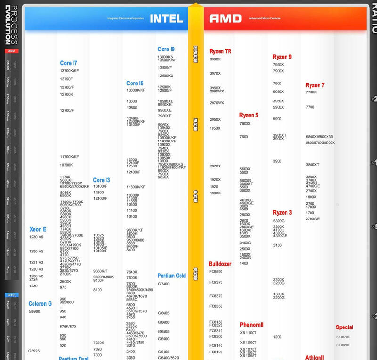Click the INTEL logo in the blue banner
click(166, 18)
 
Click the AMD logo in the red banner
click(225, 18)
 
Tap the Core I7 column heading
click(68, 63)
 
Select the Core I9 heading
click(166, 49)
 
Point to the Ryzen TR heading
click(221, 51)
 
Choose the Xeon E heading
click(38, 229)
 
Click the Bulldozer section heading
click(220, 264)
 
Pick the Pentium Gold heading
click(172, 276)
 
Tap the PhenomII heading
click(252, 325)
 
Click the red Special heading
click(344, 327)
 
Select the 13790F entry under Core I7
click(66, 79)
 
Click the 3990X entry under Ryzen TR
click(215, 59)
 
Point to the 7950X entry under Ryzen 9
click(278, 65)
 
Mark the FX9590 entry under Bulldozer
click(216, 272)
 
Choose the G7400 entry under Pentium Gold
click(164, 284)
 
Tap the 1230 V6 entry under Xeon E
click(36, 237)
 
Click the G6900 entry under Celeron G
click(34, 311)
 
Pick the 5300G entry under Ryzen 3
click(279, 221)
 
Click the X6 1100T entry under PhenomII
click(248, 333)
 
